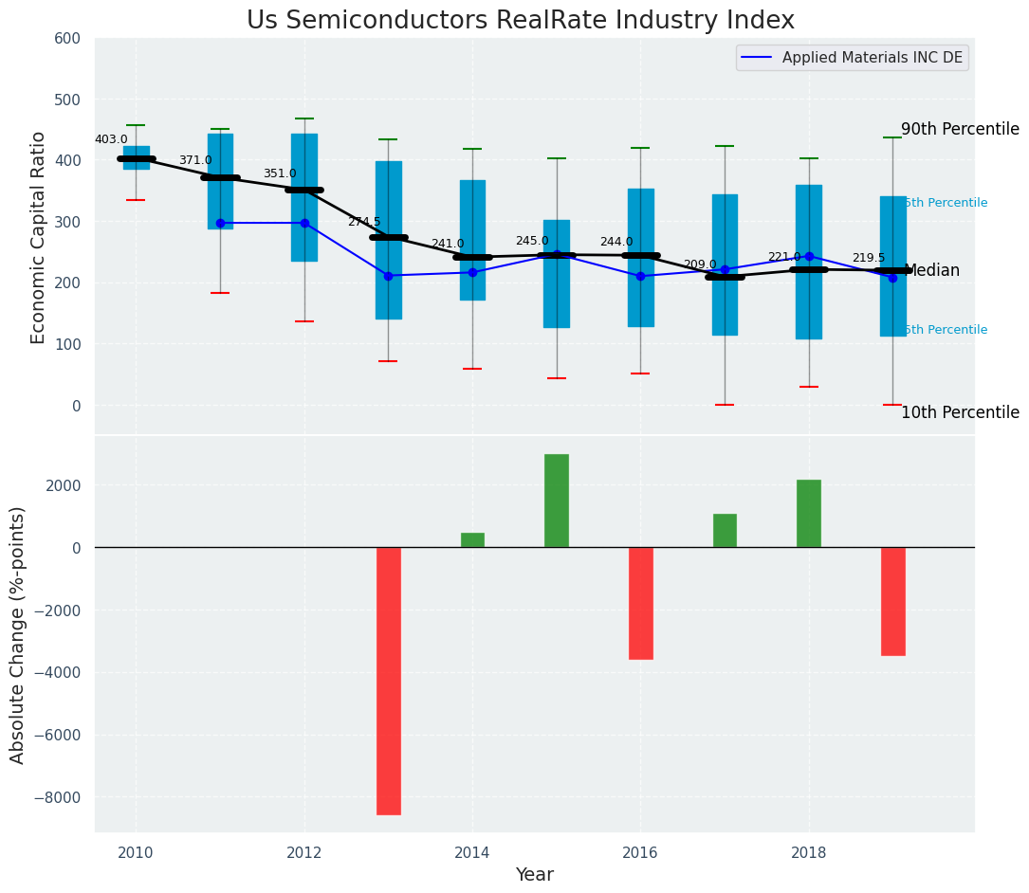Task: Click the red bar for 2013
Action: [388, 681]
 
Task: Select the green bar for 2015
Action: [557, 501]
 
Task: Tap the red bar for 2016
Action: [640, 603]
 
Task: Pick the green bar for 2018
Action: [809, 514]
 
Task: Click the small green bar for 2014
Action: [472, 540]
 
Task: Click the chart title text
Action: [521, 21]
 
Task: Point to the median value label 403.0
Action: [111, 140]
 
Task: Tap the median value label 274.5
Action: [364, 222]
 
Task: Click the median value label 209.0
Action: [700, 265]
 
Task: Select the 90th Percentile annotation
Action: [960, 130]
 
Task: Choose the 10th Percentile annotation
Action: [960, 413]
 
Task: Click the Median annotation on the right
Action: [932, 271]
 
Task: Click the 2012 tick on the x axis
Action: [304, 853]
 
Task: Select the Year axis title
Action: [534, 875]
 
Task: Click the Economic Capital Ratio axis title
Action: [39, 237]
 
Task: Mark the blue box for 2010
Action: [137, 158]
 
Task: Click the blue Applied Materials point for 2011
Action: [220, 223]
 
